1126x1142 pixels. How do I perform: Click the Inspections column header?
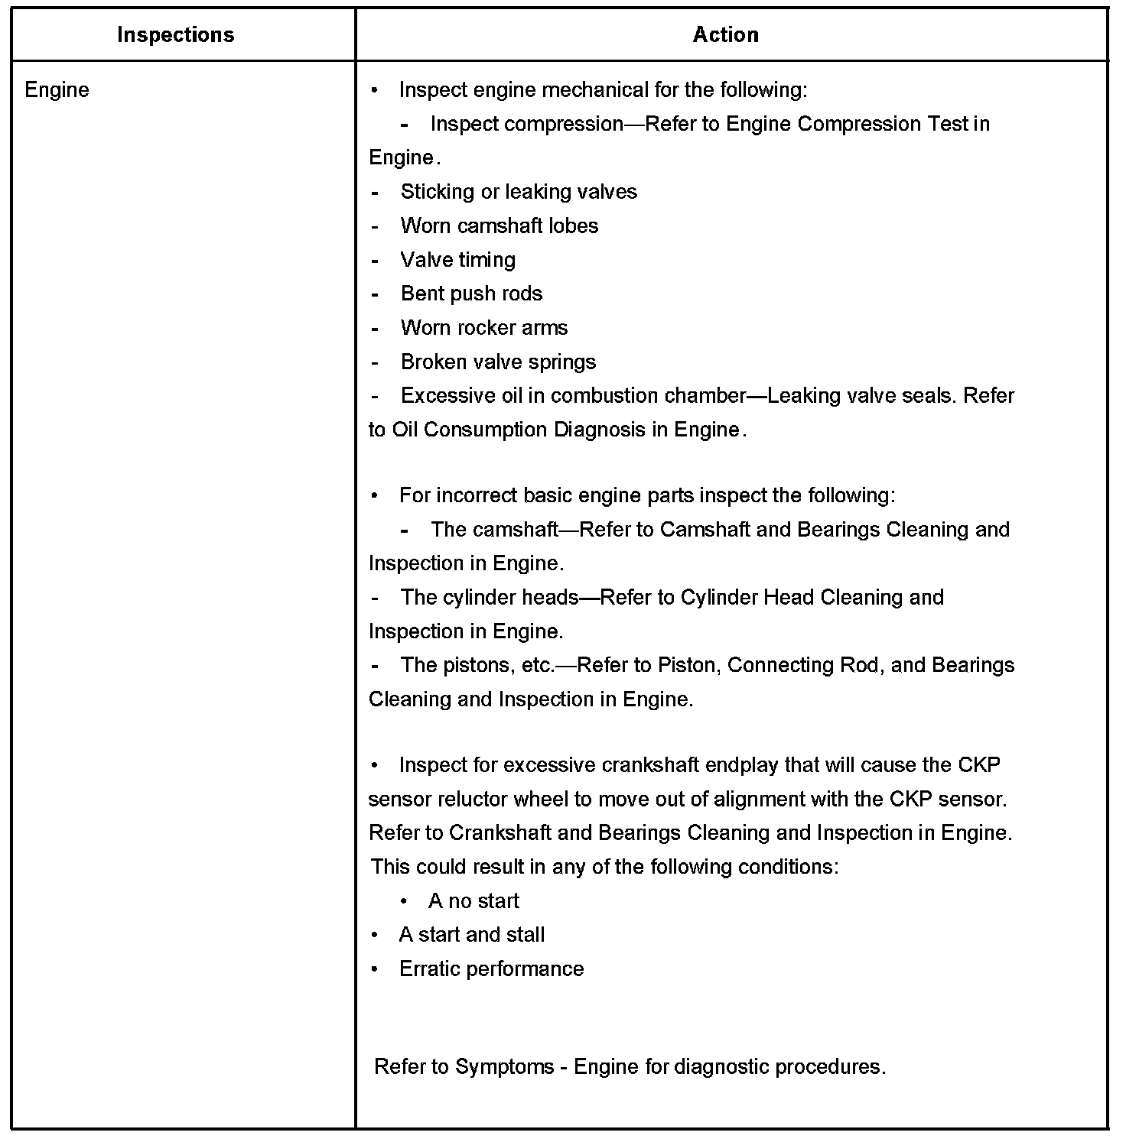[x=175, y=35]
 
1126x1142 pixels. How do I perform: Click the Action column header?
[x=725, y=35]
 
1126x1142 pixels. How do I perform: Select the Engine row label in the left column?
[x=57, y=90]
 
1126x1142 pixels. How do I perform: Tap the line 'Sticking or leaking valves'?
[x=518, y=192]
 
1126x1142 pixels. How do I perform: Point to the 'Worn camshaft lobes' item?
[x=499, y=226]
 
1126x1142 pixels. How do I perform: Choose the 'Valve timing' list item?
[x=457, y=260]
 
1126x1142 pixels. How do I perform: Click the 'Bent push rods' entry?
[x=471, y=294]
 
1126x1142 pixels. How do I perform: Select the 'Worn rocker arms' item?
[x=483, y=328]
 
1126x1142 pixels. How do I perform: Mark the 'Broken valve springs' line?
[x=498, y=362]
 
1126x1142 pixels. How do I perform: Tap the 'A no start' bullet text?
[x=474, y=901]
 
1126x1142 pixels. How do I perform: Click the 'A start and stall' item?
[x=471, y=935]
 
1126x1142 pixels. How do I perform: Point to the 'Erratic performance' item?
[x=491, y=969]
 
